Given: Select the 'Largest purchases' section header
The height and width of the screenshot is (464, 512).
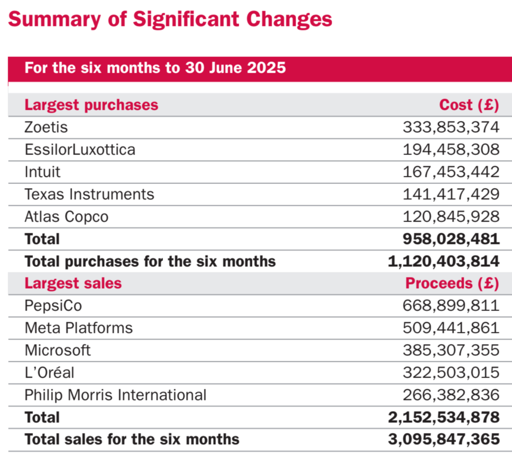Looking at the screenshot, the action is (91, 105).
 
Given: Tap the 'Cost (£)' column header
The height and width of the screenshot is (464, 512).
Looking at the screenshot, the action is (469, 105).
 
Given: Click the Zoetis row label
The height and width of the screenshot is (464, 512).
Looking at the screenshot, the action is (46, 127).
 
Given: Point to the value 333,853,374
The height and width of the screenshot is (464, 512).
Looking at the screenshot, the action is (451, 127).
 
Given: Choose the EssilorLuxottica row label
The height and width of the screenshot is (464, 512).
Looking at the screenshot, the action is (80, 149).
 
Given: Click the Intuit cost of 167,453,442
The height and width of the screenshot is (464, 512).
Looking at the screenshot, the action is (451, 172).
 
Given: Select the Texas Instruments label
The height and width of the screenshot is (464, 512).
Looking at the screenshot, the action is (89, 194).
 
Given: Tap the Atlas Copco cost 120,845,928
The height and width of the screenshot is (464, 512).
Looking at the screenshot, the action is (451, 216).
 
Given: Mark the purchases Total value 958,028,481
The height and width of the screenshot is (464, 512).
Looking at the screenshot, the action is (451, 239).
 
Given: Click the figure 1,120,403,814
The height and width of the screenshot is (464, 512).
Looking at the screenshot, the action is (444, 261).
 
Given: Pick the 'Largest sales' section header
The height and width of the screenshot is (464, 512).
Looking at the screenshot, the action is (73, 283).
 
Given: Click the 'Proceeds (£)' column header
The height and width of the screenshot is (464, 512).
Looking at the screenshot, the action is (453, 283).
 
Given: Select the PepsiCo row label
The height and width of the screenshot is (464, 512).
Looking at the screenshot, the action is (53, 306).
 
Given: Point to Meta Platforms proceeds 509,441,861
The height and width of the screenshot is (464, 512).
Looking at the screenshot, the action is (451, 328).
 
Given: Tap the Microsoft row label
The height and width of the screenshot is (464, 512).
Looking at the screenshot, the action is (57, 350).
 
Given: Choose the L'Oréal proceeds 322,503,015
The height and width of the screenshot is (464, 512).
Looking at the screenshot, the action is (451, 373).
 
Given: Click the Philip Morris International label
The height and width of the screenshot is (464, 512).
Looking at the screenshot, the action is (116, 395).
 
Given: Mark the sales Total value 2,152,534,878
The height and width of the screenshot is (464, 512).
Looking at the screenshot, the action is (444, 417).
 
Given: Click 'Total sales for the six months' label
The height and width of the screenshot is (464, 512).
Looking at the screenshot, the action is (132, 440).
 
